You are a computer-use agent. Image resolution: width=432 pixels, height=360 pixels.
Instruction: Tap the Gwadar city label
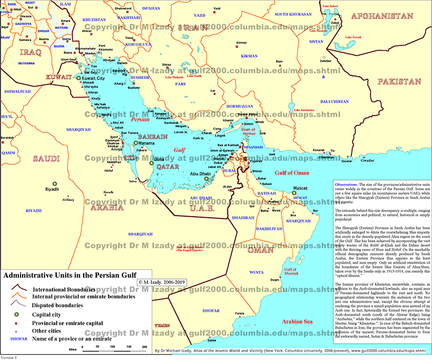[367, 161]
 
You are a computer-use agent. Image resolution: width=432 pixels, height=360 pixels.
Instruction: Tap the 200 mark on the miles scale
[144, 346]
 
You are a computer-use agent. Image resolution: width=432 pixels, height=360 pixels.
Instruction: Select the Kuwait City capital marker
[78, 78]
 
